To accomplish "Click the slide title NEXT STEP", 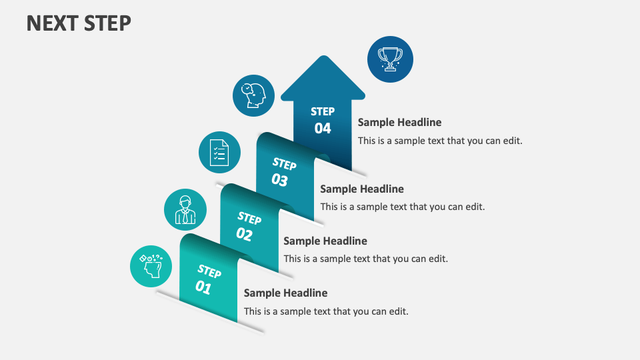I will click(79, 23).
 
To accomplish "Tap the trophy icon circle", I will click(390, 59).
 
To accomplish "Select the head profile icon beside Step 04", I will click(253, 95).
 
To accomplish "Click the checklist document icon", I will click(219, 153).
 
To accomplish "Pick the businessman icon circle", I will click(185, 210).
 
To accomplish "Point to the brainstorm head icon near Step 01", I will click(151, 266).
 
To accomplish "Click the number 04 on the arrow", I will click(323, 128).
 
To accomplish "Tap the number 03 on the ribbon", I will click(279, 180).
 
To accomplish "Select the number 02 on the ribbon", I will click(244, 234).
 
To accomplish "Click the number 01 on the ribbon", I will click(203, 287).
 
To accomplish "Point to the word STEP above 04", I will click(323, 111).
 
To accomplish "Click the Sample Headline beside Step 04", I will click(399, 122).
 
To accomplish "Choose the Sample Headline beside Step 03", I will click(362, 189).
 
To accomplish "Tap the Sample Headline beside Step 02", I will click(325, 241).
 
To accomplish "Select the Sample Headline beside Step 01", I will click(285, 293).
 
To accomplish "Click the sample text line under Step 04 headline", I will click(439, 141).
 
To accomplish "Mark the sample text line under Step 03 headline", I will click(402, 207).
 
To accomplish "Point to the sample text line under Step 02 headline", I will click(365, 259).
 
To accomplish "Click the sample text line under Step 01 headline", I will click(325, 311).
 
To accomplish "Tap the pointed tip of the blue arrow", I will click(323, 57).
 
